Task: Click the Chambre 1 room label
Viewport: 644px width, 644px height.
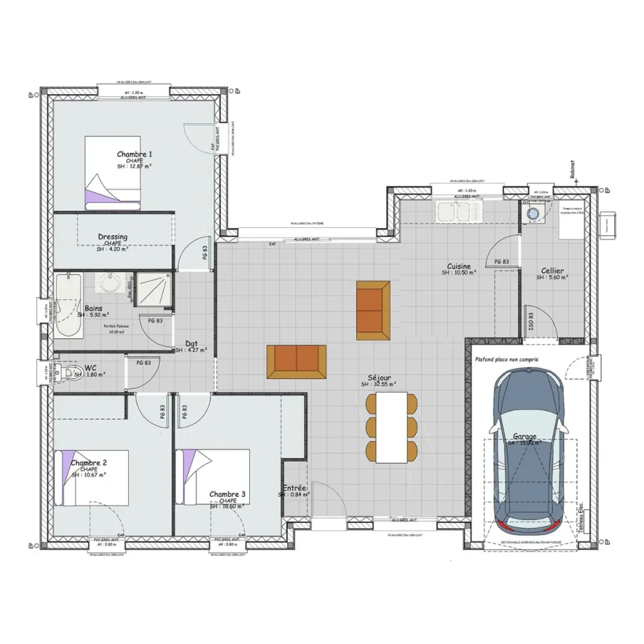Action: point(135,155)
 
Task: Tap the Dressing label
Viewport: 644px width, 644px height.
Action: point(113,237)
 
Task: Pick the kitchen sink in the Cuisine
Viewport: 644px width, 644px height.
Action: point(458,210)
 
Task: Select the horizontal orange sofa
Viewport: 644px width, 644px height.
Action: point(297,361)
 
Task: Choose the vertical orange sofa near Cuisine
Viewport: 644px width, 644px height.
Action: point(373,310)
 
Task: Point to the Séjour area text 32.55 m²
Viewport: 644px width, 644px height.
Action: point(379,384)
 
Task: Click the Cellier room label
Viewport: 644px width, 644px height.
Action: point(553,271)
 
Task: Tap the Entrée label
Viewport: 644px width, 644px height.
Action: point(294,489)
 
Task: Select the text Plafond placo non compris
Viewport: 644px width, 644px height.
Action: point(506,361)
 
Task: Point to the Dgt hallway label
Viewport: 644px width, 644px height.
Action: point(191,343)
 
